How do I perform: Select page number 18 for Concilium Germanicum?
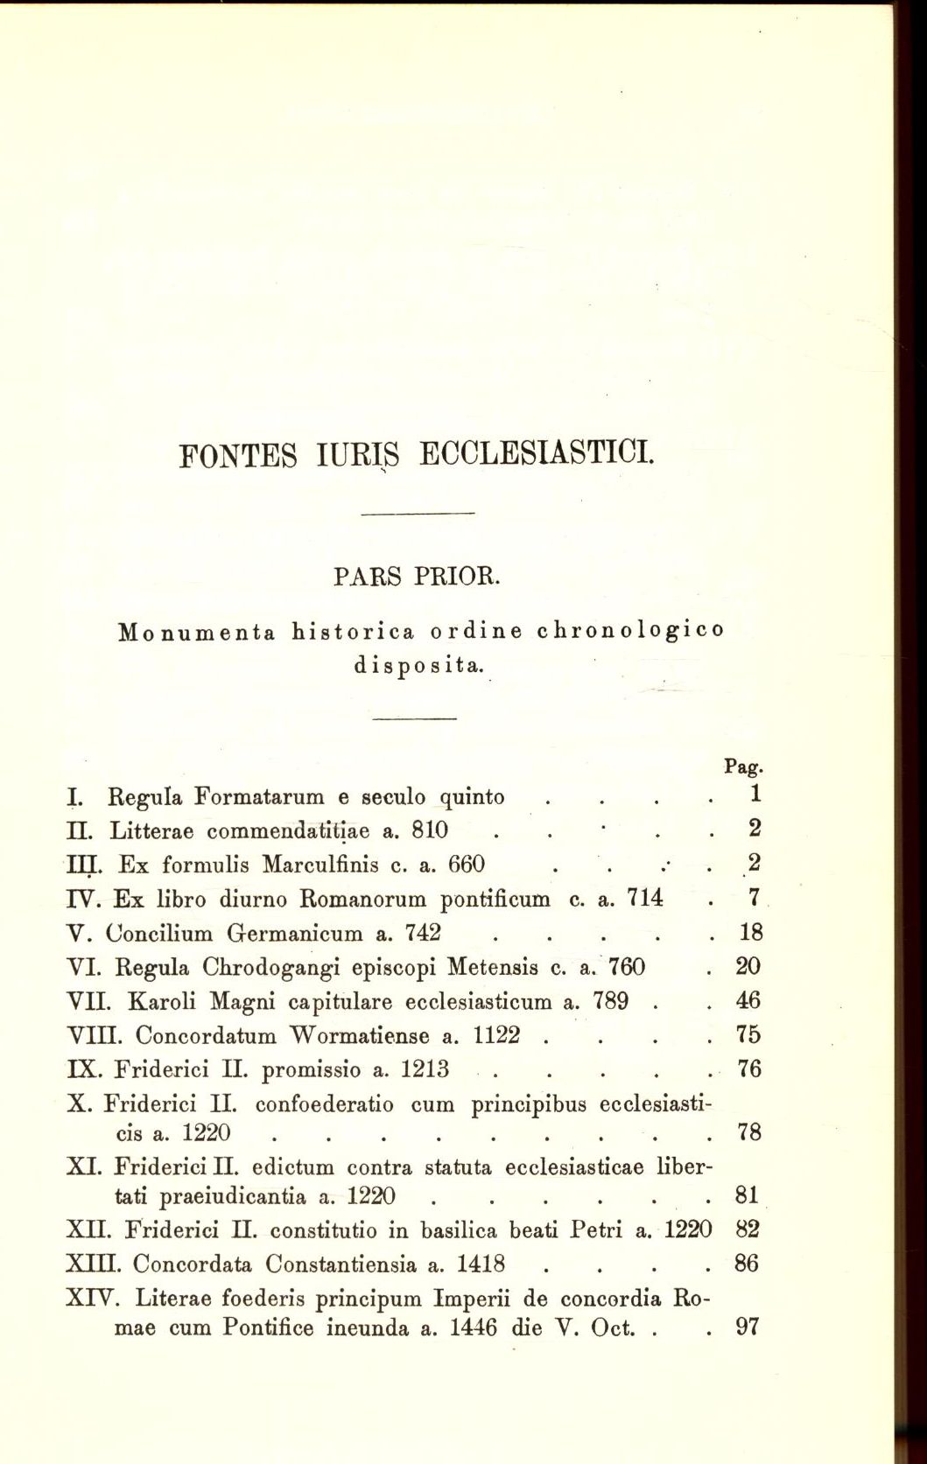click(x=750, y=933)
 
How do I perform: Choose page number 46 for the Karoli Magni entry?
click(x=749, y=1001)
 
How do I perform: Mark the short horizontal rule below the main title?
click(x=417, y=512)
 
